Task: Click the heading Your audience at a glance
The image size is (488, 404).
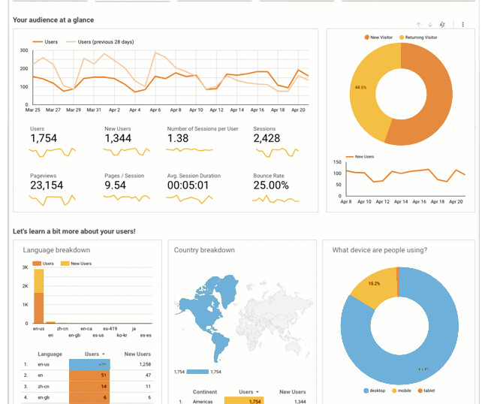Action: tap(53, 20)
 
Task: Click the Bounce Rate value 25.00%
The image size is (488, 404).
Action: tap(271, 185)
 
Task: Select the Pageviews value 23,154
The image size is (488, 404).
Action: tap(47, 185)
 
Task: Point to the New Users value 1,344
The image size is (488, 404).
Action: tap(119, 138)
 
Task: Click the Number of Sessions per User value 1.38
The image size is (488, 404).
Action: tap(178, 138)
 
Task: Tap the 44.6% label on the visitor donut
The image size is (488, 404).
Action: tap(360, 88)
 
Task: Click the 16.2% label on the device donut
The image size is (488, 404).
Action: tap(374, 284)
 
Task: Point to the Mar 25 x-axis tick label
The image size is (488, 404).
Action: tap(32, 110)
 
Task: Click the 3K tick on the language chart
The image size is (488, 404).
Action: tap(25, 267)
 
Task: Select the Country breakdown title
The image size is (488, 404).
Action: tap(204, 250)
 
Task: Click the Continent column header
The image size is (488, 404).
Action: tap(205, 392)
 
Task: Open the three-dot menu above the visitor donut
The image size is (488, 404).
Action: tap(463, 25)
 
